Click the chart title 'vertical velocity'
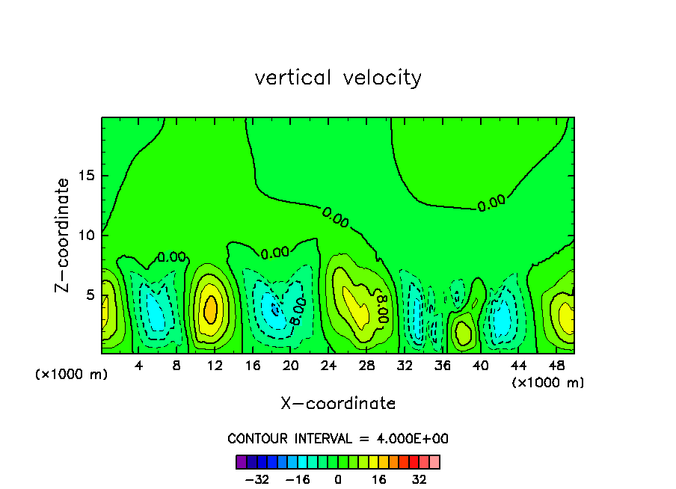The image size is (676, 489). (x=338, y=78)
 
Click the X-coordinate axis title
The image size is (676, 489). (x=338, y=404)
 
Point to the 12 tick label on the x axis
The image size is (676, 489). (x=215, y=366)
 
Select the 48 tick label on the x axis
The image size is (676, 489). (x=556, y=366)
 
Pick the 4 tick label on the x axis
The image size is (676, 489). (x=139, y=366)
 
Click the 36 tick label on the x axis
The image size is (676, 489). (x=442, y=366)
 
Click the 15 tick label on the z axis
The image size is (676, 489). (x=84, y=176)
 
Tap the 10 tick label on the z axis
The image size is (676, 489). (x=84, y=235)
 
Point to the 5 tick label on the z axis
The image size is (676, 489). (x=88, y=295)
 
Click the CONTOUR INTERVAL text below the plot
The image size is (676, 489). (x=338, y=439)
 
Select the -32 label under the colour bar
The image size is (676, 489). (x=257, y=479)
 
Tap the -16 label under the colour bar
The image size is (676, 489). (x=298, y=479)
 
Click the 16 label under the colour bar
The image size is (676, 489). (x=379, y=479)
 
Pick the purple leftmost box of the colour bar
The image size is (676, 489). (x=242, y=462)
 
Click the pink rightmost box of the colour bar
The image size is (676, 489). (x=434, y=462)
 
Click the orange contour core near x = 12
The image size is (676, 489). (x=211, y=308)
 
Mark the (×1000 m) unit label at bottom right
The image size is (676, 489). (x=548, y=383)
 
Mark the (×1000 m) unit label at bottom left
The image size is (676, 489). (x=72, y=375)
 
